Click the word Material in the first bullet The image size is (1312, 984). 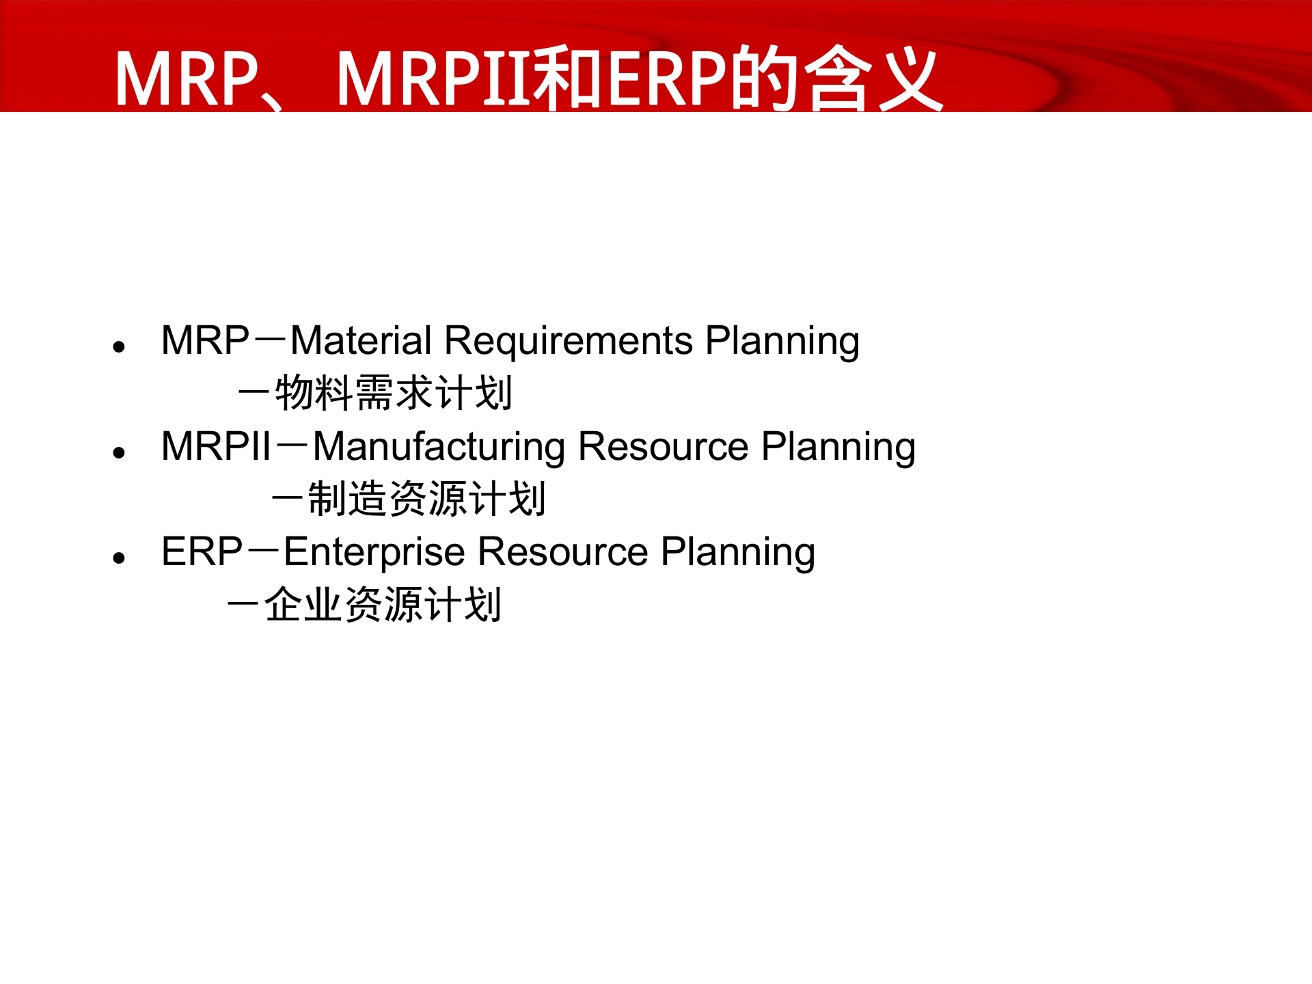[360, 340]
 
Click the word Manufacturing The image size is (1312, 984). [439, 447]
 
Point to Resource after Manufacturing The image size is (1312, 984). [663, 447]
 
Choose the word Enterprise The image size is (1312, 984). [374, 553]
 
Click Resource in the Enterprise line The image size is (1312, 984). [563, 552]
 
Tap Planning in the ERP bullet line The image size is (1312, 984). [738, 553]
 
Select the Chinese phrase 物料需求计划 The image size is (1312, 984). [393, 393]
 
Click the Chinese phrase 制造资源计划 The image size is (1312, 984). [426, 499]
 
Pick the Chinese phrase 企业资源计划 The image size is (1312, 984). [383, 605]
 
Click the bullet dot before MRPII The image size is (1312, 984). [120, 452]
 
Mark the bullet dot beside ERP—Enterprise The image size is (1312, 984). [120, 558]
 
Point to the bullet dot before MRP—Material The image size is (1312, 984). [120, 347]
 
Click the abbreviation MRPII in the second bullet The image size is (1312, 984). [217, 447]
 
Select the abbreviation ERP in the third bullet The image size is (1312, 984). [202, 552]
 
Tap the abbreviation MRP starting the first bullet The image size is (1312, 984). [205, 340]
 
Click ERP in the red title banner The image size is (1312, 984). [667, 79]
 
